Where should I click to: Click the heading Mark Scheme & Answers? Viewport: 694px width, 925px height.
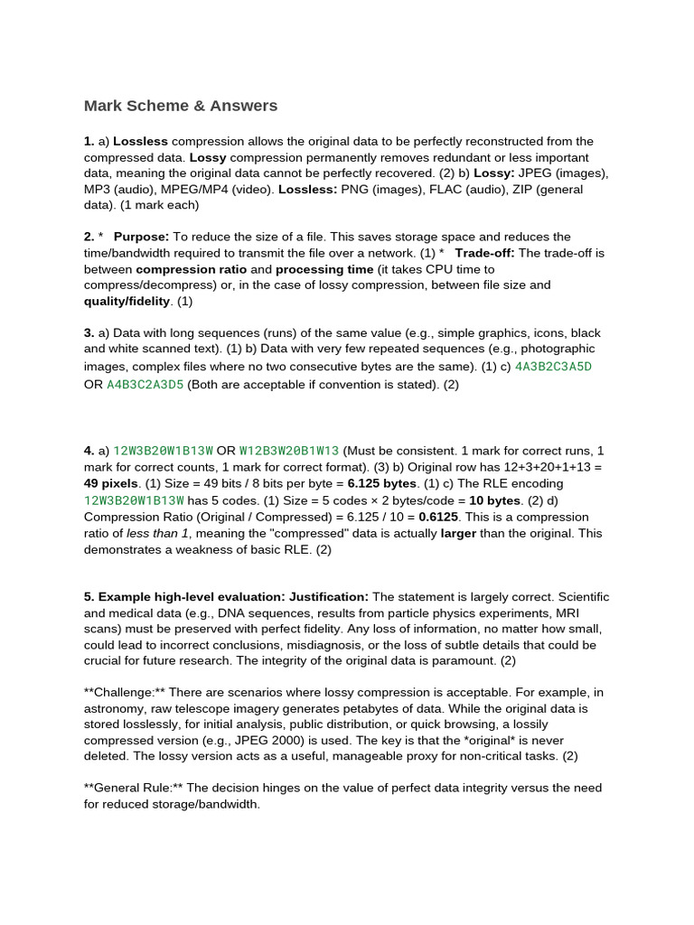click(x=181, y=106)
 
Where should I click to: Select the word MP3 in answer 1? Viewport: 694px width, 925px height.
click(x=98, y=190)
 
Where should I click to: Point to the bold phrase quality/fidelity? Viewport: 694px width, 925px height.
click(x=127, y=301)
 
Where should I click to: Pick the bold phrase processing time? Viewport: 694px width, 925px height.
click(x=324, y=269)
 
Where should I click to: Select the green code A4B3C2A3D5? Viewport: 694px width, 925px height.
click(x=145, y=384)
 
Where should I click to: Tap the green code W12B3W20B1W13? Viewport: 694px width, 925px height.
click(x=289, y=451)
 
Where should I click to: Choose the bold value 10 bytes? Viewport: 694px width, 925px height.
click(x=495, y=500)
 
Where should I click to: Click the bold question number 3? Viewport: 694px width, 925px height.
click(x=89, y=333)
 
